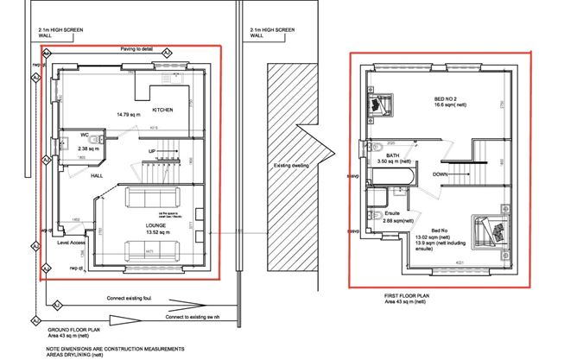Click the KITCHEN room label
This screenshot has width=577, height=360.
point(164,111)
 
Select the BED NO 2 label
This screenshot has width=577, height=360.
point(448,99)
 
